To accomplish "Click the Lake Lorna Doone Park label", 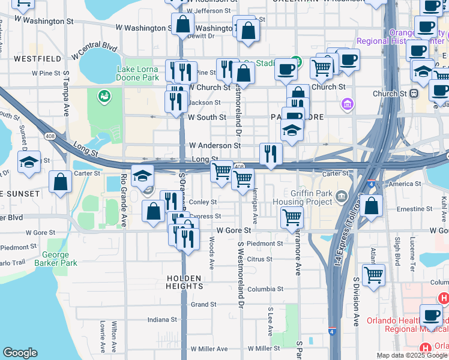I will (x=137, y=73).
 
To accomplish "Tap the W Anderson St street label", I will (x=214, y=145).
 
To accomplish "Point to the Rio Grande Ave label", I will (x=124, y=200).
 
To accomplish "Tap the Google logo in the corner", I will (x=20, y=353).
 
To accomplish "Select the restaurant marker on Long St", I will (x=271, y=154).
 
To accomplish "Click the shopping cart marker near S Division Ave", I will (x=373, y=275).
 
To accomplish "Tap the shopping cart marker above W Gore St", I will (x=292, y=217).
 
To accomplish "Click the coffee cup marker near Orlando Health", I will (x=430, y=315).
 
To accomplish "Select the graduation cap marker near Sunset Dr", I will (x=29, y=162).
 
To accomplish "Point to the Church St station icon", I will (x=414, y=94).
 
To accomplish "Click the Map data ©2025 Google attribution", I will (x=412, y=355).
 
